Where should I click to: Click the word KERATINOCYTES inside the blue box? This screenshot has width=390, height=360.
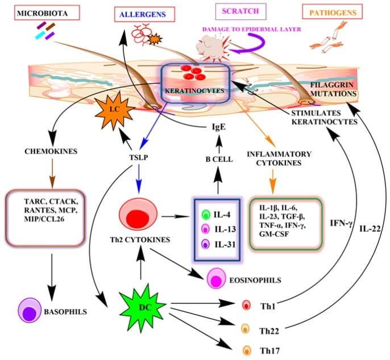coord(194,90)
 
